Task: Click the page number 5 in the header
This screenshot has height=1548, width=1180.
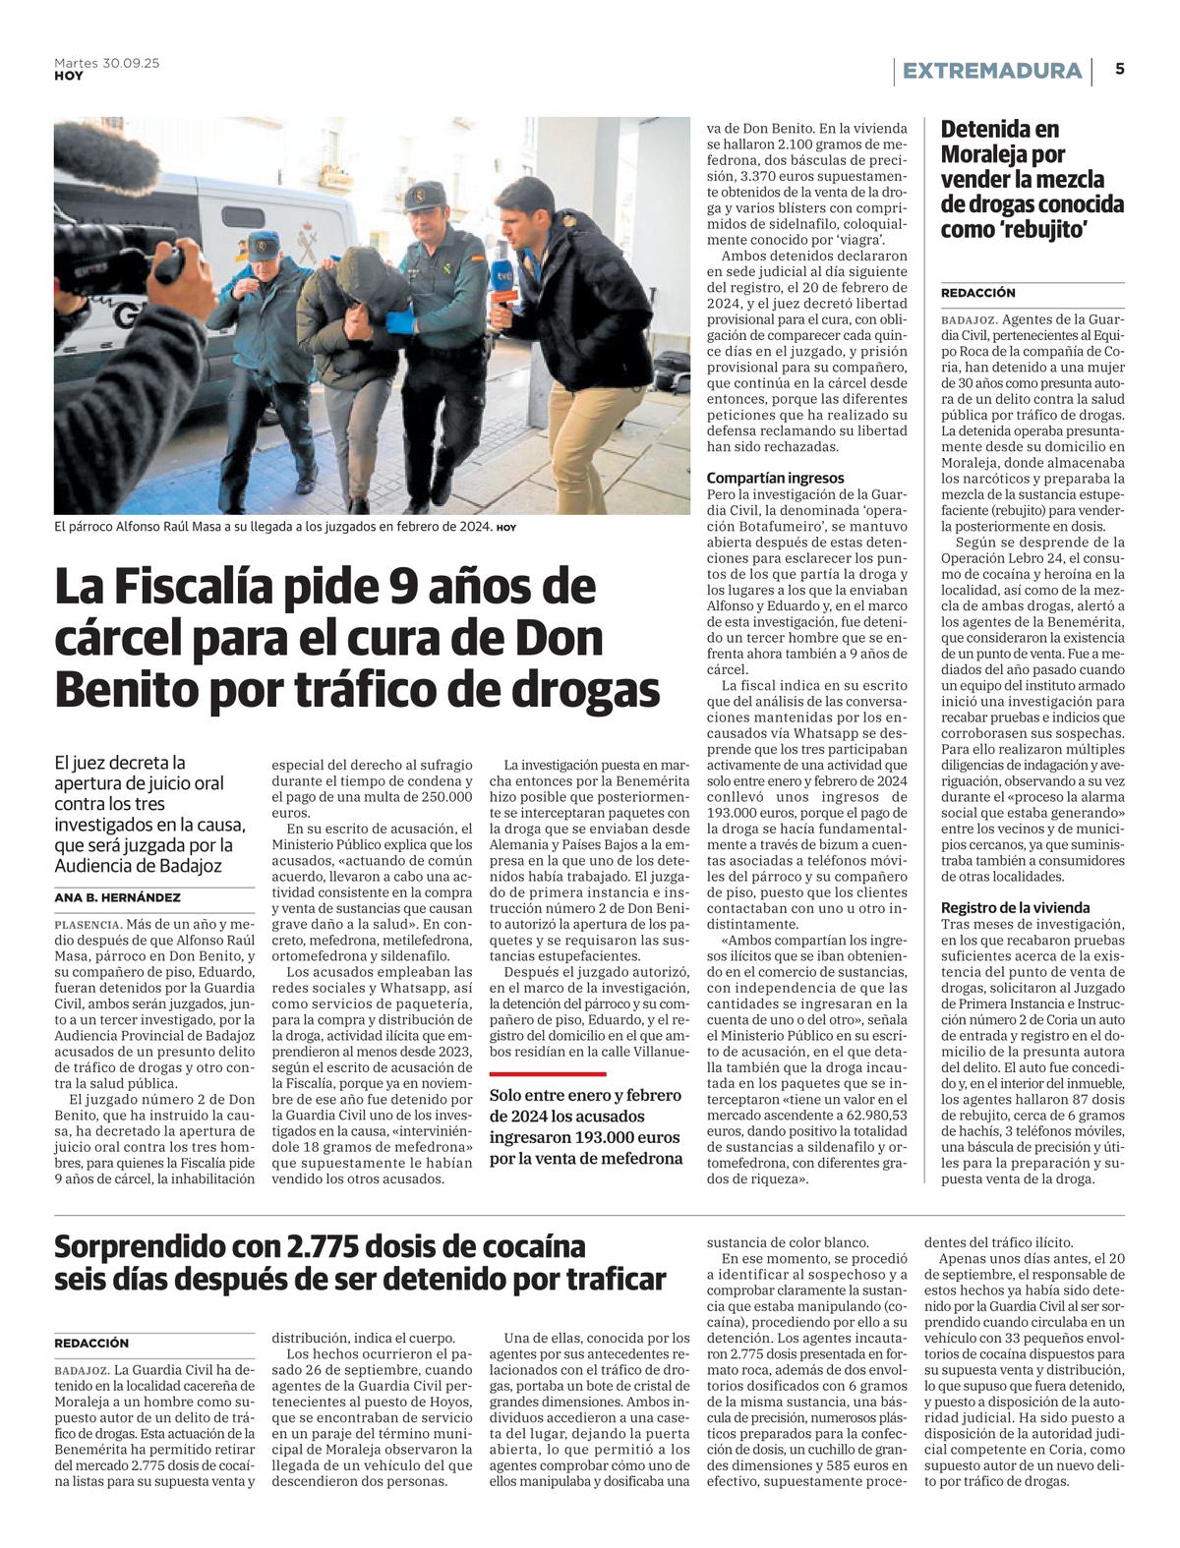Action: point(1120,70)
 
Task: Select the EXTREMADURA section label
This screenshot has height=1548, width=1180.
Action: point(991,71)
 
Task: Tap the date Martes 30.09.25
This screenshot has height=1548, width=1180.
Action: point(106,63)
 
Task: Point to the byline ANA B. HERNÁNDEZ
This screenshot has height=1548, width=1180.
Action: point(117,897)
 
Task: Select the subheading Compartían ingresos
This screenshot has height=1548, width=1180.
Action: point(775,478)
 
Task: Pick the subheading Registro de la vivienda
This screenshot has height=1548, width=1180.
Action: point(1015,908)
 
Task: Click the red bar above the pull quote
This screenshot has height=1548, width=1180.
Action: point(548,1074)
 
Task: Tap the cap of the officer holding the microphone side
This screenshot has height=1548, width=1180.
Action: point(425,195)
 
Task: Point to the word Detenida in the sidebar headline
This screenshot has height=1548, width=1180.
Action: point(986,129)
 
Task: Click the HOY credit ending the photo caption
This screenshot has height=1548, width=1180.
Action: point(506,528)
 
